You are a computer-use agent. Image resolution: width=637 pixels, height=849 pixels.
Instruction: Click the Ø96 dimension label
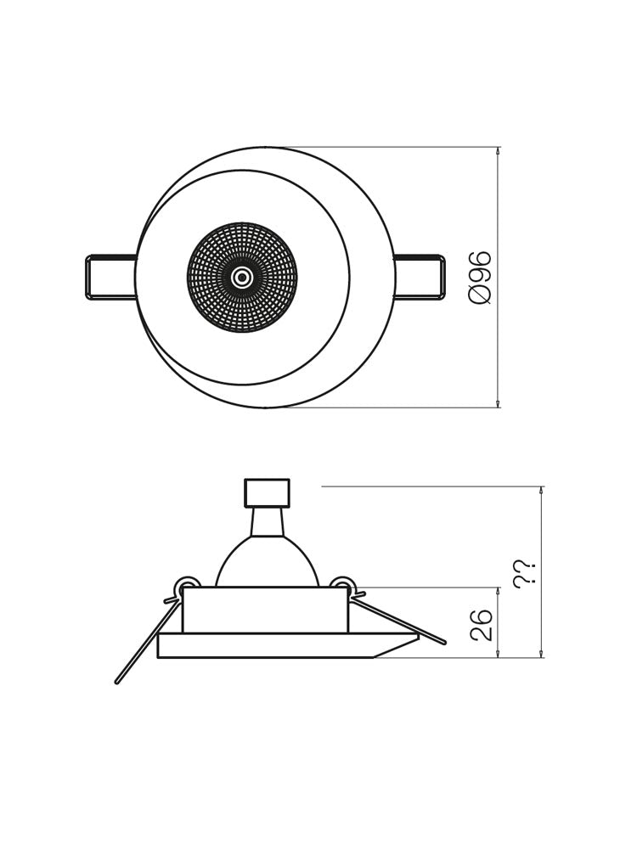481,277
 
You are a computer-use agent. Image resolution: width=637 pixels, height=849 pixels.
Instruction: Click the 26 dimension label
482,624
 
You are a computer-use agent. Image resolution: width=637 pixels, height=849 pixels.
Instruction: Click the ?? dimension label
525,572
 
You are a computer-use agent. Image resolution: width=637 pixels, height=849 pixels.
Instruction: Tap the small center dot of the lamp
242,278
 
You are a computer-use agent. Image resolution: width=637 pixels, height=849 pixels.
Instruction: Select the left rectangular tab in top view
111,278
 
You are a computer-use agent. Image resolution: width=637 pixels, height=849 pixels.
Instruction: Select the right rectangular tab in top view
420,278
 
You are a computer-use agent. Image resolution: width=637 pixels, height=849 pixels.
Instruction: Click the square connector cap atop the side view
267,492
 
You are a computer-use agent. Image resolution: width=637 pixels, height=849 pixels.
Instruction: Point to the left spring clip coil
187,588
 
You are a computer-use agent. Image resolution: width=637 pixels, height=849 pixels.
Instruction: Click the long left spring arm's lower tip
118,680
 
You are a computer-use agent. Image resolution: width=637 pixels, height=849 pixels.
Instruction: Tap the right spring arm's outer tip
443,642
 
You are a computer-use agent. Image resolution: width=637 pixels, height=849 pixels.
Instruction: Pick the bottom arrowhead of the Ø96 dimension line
498,404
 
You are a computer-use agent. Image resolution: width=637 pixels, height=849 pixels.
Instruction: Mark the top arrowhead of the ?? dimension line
541,491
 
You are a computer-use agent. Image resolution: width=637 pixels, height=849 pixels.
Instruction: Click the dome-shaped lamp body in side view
267,565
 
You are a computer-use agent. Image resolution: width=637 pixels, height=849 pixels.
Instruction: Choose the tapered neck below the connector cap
267,521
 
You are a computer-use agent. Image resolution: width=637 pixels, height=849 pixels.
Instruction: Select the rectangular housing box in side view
265,610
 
